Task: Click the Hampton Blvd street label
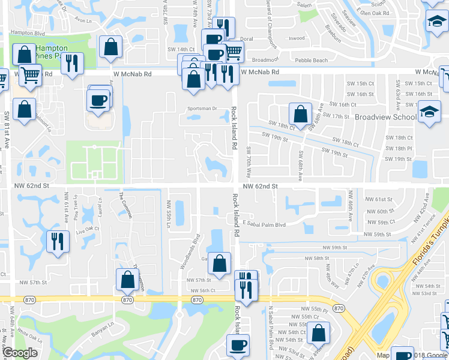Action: click(x=28, y=32)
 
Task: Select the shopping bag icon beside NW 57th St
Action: click(x=127, y=279)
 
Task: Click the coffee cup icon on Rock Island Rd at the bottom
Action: click(x=238, y=346)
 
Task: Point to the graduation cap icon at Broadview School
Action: click(x=429, y=112)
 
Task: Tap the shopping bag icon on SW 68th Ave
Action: click(x=300, y=113)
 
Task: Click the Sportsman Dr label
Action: click(x=202, y=109)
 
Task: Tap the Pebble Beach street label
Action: click(x=311, y=61)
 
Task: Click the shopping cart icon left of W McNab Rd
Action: click(x=29, y=76)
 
